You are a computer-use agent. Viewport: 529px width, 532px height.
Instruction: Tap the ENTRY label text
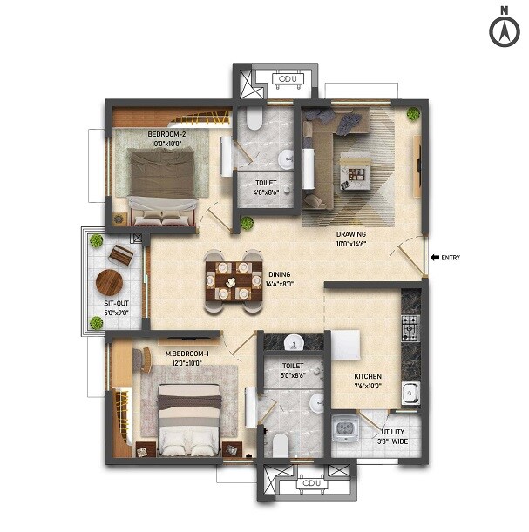pyautogui.click(x=451, y=257)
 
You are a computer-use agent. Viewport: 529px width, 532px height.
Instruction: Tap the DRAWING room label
pyautogui.click(x=351, y=234)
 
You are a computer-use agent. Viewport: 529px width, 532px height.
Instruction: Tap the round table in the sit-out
pyautogui.click(x=110, y=282)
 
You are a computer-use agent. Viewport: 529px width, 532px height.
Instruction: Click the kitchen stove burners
pyautogui.click(x=410, y=327)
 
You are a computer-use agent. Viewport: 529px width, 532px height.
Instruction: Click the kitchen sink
pyautogui.click(x=410, y=394)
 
